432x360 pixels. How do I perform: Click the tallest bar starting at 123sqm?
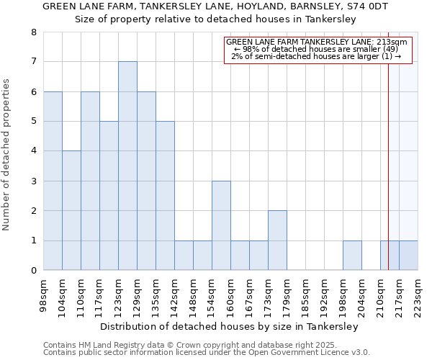coord(127,166)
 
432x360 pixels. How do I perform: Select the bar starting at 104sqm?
coord(71,210)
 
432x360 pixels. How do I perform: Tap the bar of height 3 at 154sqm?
coord(221,225)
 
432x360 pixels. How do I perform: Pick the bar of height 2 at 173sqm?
coord(277,240)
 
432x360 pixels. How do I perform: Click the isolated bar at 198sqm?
coord(352,256)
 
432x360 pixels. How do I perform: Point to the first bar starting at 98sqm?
coord(53,180)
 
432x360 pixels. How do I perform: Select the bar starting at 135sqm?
coord(165,195)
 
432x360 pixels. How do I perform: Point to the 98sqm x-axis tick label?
coord(44,294)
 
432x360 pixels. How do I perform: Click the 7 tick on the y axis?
coord(33,62)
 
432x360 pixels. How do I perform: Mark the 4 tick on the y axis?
coord(33,151)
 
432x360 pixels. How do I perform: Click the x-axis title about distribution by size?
coord(229,326)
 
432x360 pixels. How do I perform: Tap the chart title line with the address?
coord(215,6)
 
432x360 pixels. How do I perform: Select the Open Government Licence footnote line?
coord(207,353)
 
